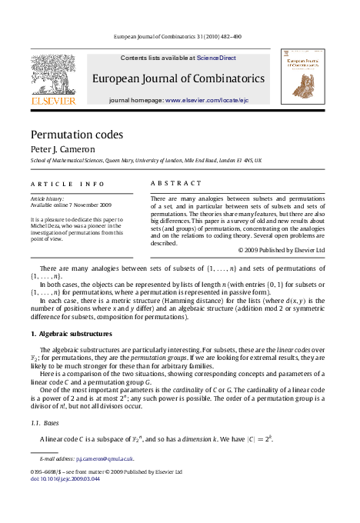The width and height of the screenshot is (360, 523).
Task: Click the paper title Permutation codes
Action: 76,135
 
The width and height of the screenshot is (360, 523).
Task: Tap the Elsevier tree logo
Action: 53,75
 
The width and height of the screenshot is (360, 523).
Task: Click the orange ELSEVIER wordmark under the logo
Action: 53,101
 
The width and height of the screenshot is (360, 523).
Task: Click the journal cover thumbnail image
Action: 302,78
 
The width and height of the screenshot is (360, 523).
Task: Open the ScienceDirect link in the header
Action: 216,58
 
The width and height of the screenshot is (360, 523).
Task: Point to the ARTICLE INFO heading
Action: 67,184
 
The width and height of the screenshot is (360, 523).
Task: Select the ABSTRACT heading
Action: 175,184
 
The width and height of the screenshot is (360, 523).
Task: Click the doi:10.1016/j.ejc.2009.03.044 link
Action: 65,478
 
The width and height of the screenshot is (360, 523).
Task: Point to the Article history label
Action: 47,198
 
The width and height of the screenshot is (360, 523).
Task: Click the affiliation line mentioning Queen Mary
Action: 145,161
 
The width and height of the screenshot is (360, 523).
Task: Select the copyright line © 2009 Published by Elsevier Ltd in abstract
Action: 282,250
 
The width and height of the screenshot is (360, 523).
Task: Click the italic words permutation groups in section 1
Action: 182,358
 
